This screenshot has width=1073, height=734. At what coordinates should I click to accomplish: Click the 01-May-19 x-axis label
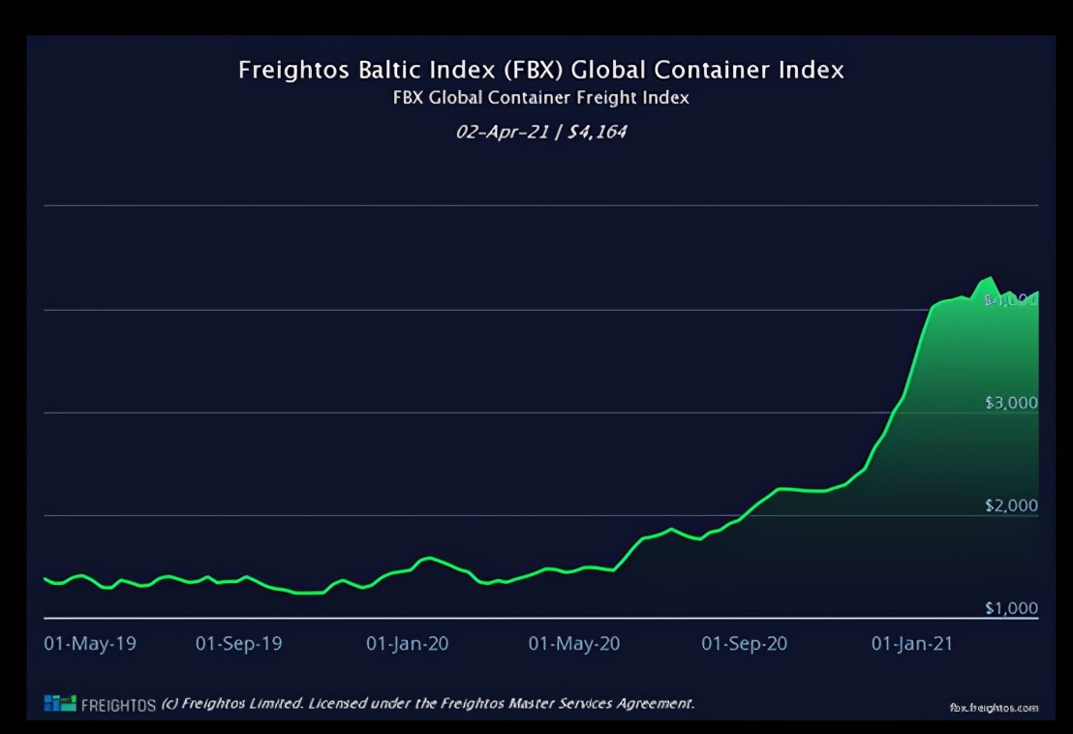click(x=90, y=644)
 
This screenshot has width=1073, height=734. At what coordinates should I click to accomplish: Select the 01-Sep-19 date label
click(x=239, y=644)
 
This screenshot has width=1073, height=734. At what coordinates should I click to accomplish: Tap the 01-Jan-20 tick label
click(x=407, y=644)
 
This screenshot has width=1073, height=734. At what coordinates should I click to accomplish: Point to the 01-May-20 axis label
click(x=574, y=644)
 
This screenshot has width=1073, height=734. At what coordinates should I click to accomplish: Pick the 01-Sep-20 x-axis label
click(x=745, y=644)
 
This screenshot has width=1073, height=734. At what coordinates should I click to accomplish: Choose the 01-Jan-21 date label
click(x=912, y=644)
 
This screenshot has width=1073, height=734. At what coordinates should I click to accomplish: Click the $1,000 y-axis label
click(x=1011, y=608)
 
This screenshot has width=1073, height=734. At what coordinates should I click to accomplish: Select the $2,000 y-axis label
click(x=1011, y=505)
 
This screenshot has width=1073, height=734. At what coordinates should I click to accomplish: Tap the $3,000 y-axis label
click(x=1011, y=403)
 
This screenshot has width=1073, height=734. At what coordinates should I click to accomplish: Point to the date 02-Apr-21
click(x=496, y=131)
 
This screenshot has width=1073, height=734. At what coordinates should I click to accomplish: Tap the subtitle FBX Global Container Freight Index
click(x=540, y=98)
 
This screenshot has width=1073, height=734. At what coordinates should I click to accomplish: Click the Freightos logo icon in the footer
click(x=59, y=704)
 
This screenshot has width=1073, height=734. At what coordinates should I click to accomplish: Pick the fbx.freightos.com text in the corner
click(x=994, y=708)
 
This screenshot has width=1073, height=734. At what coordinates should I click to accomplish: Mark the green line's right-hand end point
click(x=1037, y=292)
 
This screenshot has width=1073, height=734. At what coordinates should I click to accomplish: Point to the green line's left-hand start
click(x=45, y=578)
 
